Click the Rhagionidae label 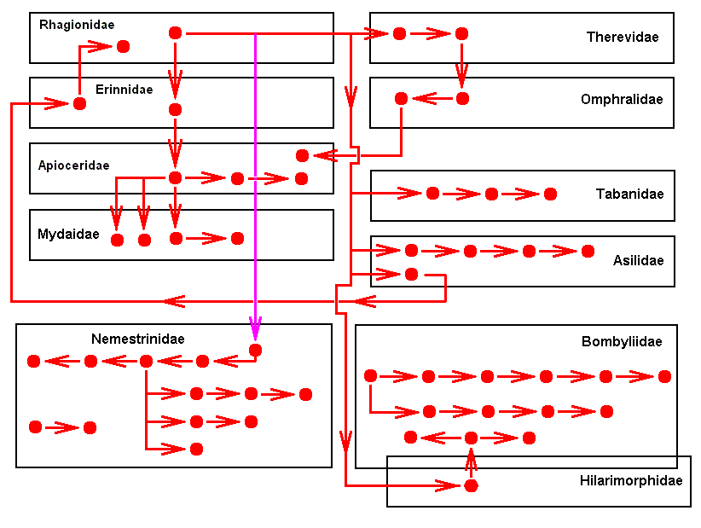pos(77,25)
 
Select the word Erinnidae pos(125,89)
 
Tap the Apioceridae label pos(73,165)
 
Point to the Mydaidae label pos(68,234)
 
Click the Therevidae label pos(623,37)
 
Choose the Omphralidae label pos(622,100)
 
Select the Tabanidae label pos(629,194)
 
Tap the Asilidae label pos(638,260)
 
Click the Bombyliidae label pos(622,342)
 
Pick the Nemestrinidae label pos(138,339)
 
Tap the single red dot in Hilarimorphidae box pos(470,485)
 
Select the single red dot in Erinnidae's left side pos(80,104)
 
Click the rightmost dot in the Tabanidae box pos(550,194)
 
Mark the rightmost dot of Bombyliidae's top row pos(664,376)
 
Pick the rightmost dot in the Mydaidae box pos(237,238)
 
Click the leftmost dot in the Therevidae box pos(399,34)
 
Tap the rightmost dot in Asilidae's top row pos(588,251)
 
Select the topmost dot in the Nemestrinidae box pos(255,350)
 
